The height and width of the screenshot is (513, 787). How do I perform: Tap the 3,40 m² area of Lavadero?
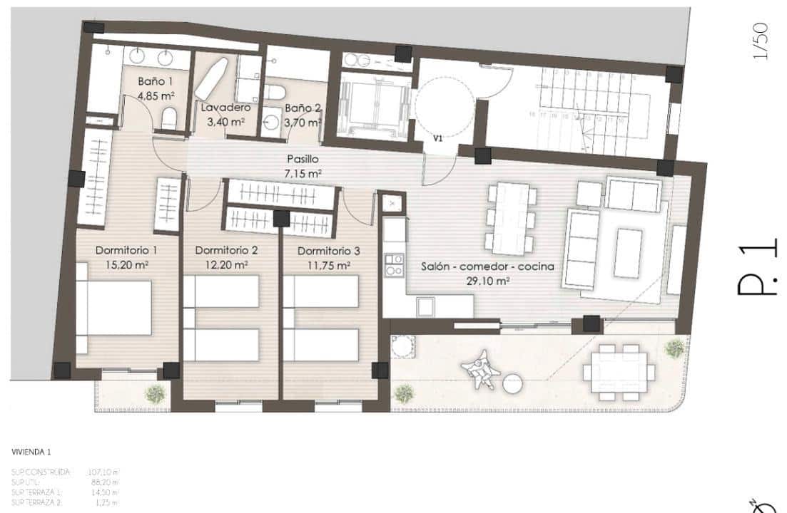pyautogui.click(x=225, y=122)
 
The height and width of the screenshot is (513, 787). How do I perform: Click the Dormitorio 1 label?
pyautogui.click(x=126, y=251)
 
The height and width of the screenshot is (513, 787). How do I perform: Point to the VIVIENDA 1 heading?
pyautogui.click(x=31, y=452)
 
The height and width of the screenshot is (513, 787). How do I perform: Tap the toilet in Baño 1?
pyautogui.click(x=169, y=118)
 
